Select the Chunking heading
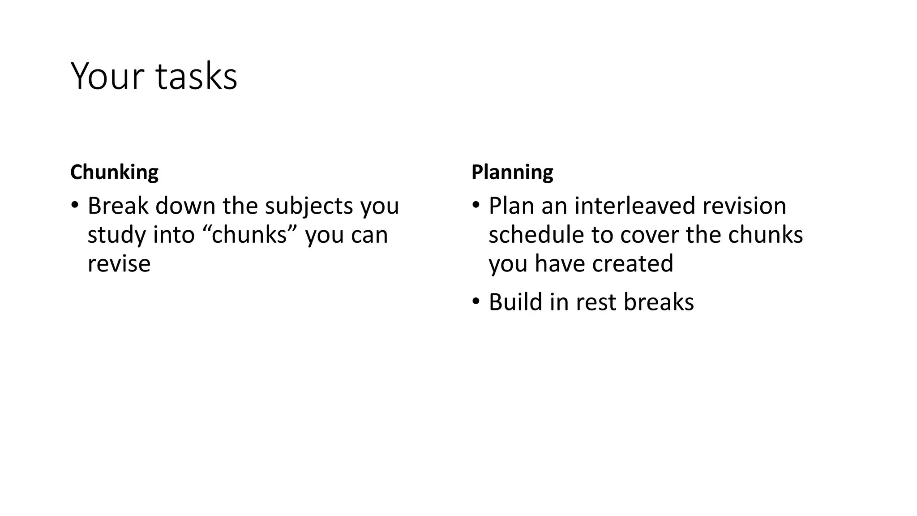pyautogui.click(x=114, y=172)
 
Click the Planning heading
pyautogui.click(x=512, y=172)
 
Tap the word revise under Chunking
pyautogui.click(x=119, y=263)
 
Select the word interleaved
pyautogui.click(x=634, y=206)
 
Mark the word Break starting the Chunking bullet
pyautogui.click(x=118, y=206)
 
